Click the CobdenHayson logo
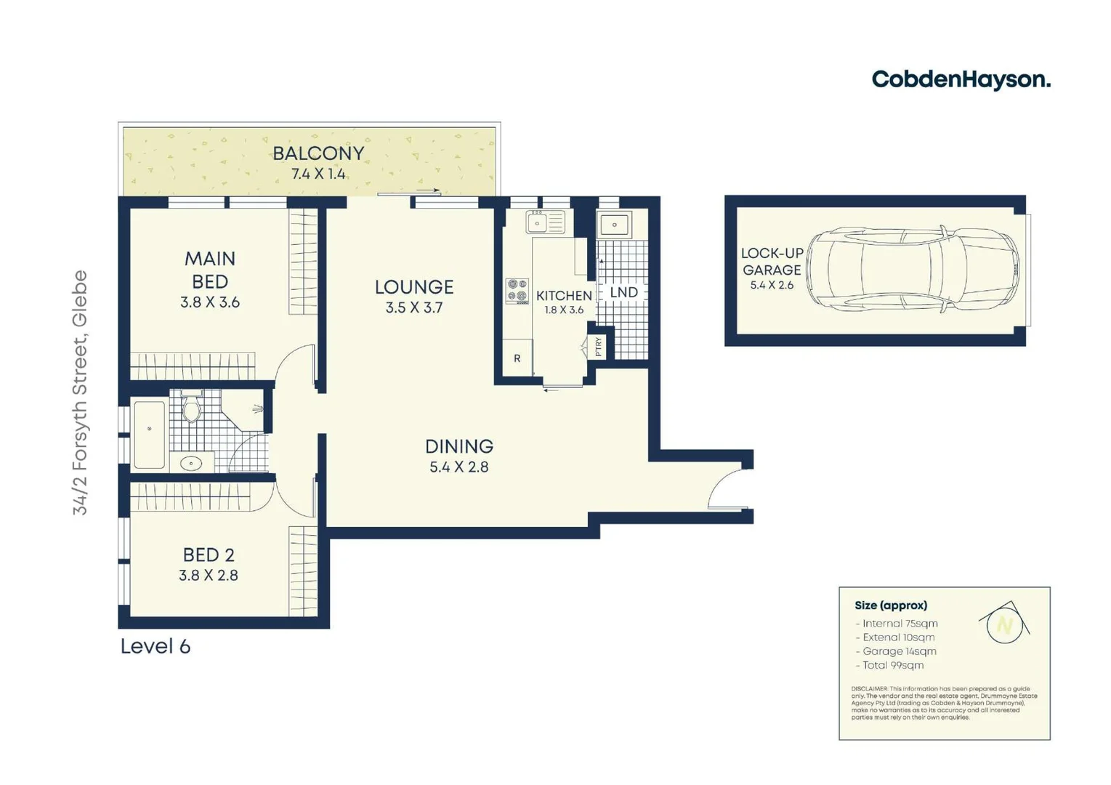click(x=961, y=79)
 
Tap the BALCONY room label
click(x=318, y=153)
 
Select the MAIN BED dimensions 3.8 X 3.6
click(x=209, y=302)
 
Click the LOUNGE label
click(x=414, y=287)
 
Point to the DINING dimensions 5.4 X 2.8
click(x=458, y=467)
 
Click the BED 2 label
click(x=209, y=555)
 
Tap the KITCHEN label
click(x=564, y=295)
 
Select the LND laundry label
click(x=623, y=292)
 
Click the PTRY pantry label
click(x=599, y=346)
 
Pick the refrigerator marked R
click(x=517, y=358)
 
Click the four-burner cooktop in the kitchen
click(x=517, y=291)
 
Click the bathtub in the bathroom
click(x=149, y=434)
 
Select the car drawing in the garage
click(x=913, y=269)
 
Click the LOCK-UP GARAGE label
click(x=772, y=262)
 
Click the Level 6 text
click(x=155, y=646)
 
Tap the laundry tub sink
click(x=615, y=225)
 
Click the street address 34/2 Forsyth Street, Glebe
click(x=80, y=392)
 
